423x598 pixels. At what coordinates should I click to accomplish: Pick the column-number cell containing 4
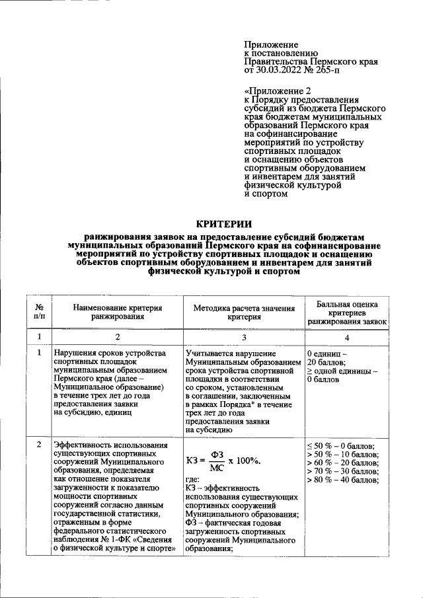pos(347,337)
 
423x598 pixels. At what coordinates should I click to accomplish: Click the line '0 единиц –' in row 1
pos(327,354)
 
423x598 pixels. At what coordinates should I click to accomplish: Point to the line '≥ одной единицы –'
pos(342,371)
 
